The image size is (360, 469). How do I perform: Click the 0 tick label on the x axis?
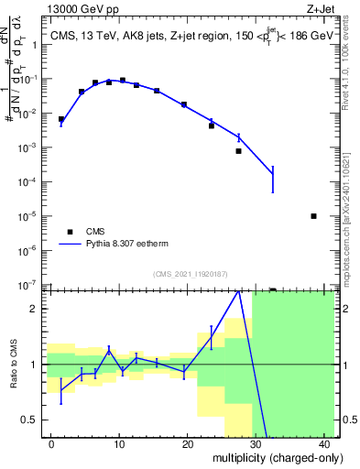[x=51, y=443]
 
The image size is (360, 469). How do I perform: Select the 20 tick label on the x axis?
[x=188, y=443]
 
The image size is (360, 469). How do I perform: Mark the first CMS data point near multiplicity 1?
[x=61, y=119]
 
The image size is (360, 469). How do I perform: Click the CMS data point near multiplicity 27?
[x=238, y=151]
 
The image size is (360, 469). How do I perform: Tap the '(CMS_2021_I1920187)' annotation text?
[x=191, y=274]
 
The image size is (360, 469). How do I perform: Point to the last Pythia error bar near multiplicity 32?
[x=272, y=174]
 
